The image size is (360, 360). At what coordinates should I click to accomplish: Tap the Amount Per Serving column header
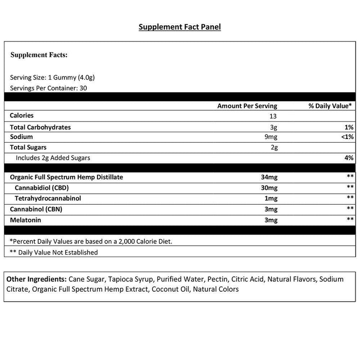(x=247, y=106)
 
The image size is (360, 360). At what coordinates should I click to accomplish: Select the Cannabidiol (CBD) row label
(x=44, y=188)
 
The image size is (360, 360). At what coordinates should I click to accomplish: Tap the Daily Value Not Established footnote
(x=54, y=252)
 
